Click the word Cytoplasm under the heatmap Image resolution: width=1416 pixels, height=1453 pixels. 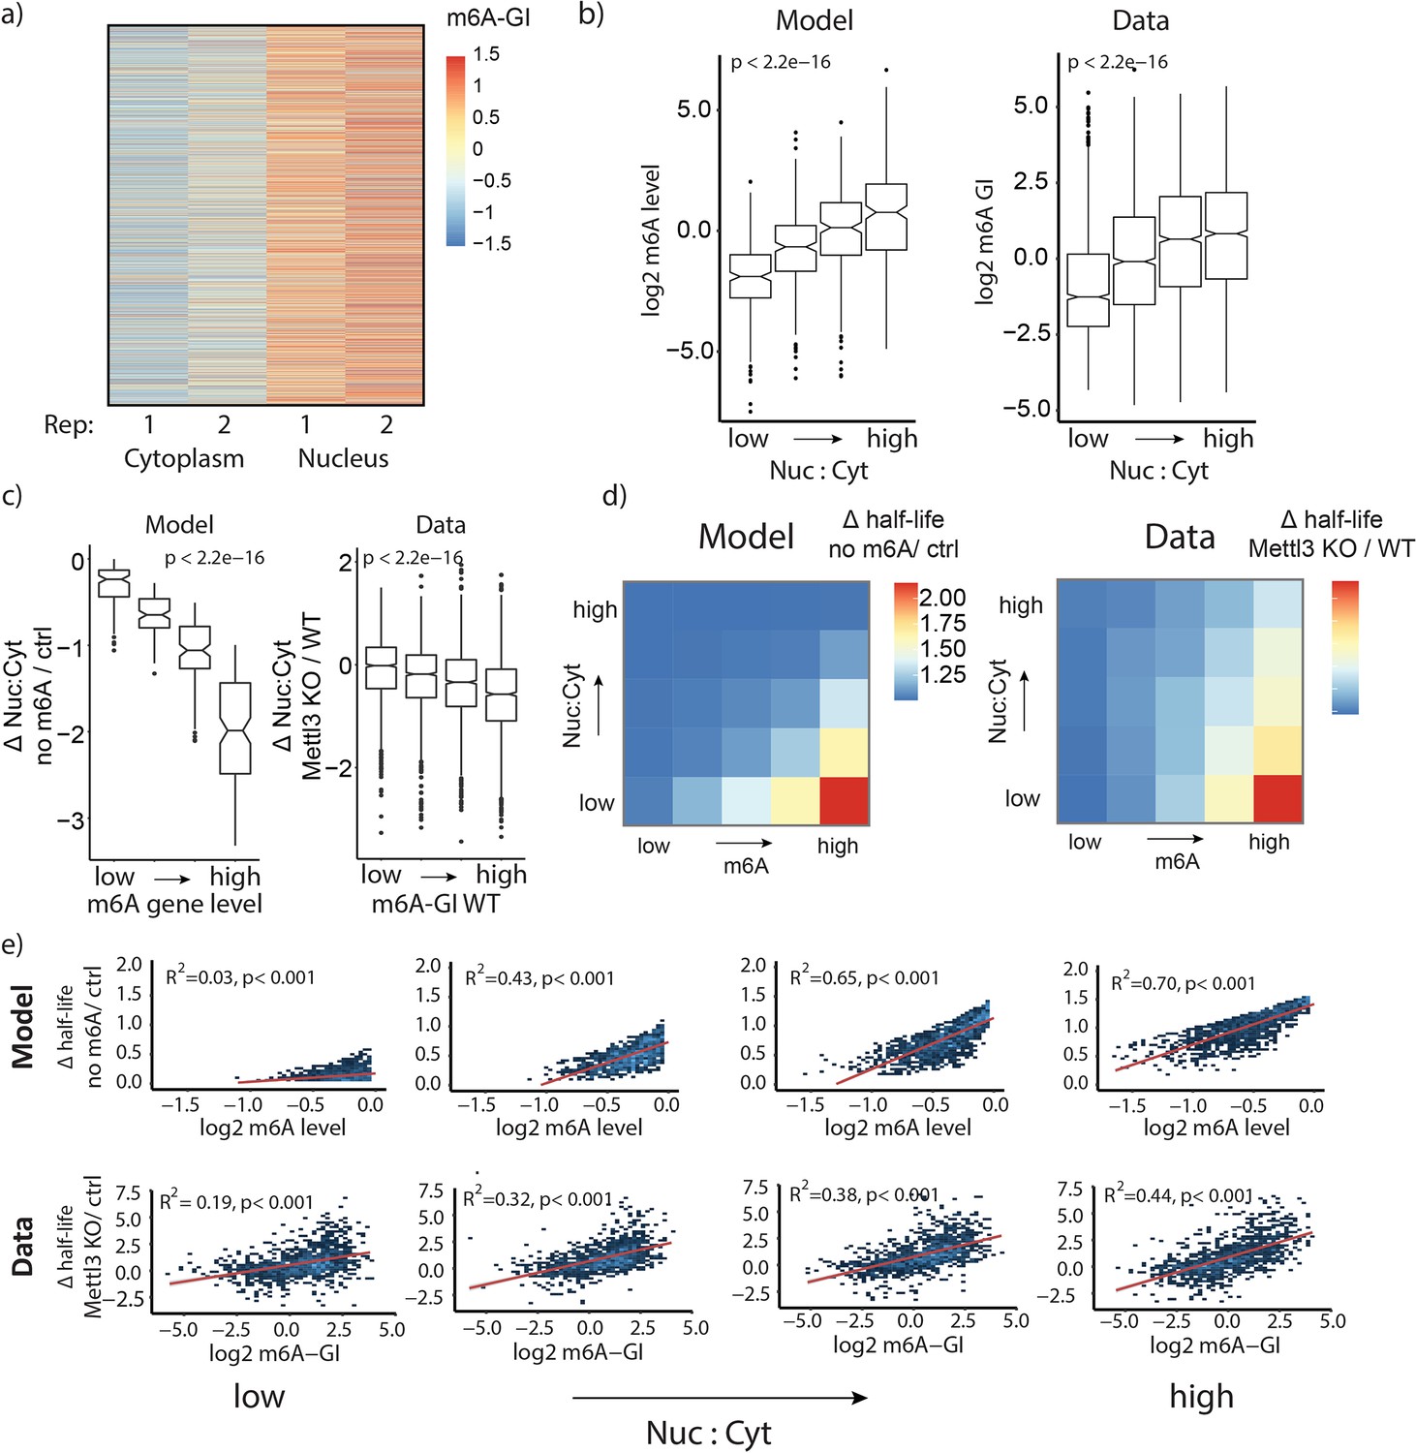click(x=184, y=458)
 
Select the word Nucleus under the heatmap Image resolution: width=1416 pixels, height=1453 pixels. click(x=343, y=458)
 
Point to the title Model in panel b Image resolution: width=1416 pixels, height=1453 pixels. click(x=815, y=20)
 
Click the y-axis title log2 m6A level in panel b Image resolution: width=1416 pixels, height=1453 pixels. click(x=650, y=240)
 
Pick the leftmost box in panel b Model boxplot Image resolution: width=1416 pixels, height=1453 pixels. click(x=750, y=276)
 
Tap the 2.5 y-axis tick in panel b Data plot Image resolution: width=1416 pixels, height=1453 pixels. click(x=1031, y=181)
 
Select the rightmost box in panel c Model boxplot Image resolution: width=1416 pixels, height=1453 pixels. click(x=235, y=728)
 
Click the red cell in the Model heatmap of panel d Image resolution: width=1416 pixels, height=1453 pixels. click(x=844, y=800)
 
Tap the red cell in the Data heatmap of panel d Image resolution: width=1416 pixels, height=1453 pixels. click(x=1277, y=797)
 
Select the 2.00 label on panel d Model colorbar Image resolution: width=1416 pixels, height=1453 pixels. click(x=942, y=598)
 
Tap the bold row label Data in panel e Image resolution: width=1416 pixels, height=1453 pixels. click(x=23, y=1246)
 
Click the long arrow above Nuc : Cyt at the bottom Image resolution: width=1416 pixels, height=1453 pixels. click(x=720, y=1397)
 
